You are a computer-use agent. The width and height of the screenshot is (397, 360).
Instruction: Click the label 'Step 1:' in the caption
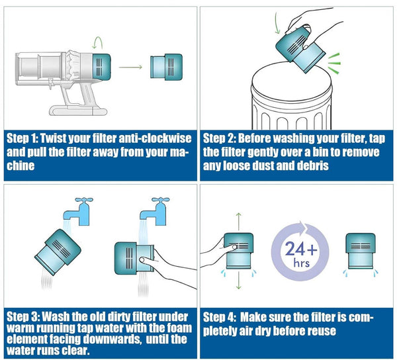coord(22,139)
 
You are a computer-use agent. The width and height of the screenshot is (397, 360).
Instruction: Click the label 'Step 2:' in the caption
coord(218,139)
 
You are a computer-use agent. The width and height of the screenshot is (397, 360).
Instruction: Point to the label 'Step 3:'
coord(22,316)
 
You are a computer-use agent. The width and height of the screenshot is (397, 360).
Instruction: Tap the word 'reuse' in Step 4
coord(322,330)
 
